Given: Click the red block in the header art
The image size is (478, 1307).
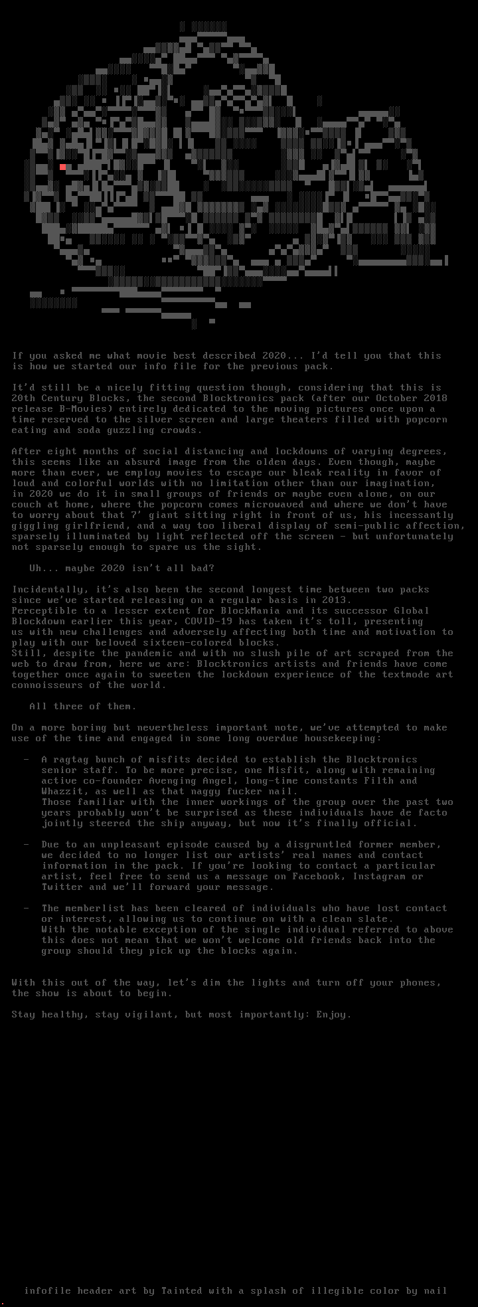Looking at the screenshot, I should point(63,167).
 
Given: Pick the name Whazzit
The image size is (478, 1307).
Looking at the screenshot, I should point(62,792).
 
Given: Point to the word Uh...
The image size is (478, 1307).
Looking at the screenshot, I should point(35,568).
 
